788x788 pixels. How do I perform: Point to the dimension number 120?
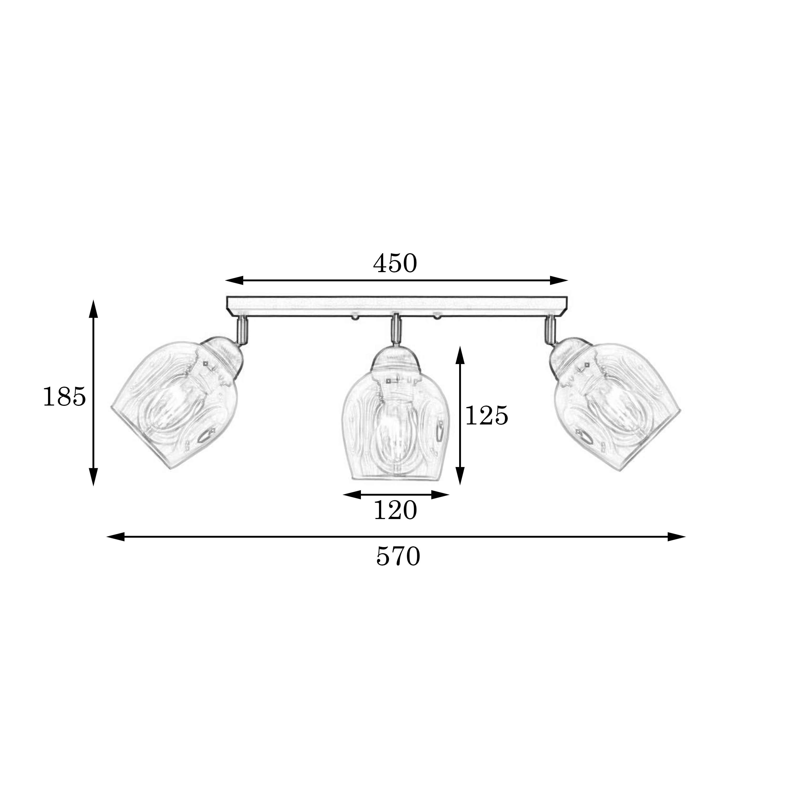pos(395,510)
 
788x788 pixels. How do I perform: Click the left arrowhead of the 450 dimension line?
pos(234,280)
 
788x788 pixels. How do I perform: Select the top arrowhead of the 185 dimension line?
pos(94,309)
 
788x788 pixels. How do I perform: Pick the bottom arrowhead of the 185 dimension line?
pos(94,477)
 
